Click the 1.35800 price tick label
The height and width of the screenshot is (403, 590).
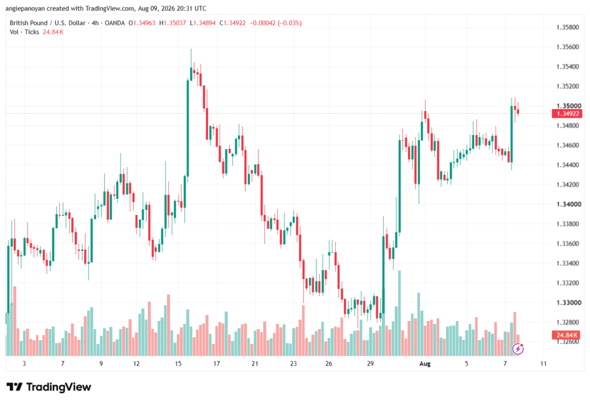[568, 28]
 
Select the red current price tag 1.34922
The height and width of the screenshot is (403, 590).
[567, 114]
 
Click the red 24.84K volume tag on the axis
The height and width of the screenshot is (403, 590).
[567, 335]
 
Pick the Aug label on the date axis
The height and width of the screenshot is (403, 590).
[425, 363]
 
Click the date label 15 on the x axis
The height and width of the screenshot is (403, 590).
[178, 363]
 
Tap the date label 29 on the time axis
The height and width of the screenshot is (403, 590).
[370, 363]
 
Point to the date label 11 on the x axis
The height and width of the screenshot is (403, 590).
[543, 363]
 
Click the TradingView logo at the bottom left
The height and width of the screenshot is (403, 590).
[49, 387]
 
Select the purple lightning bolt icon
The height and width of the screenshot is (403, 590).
[518, 349]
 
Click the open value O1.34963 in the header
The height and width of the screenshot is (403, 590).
[142, 23]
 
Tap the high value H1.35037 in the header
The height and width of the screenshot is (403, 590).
[173, 23]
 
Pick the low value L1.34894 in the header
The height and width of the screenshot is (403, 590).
[203, 23]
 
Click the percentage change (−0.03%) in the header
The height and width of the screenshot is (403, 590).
[290, 23]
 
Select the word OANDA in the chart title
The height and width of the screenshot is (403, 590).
[115, 23]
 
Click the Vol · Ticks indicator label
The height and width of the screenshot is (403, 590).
[24, 32]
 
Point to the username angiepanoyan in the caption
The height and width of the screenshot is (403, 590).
[25, 8]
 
